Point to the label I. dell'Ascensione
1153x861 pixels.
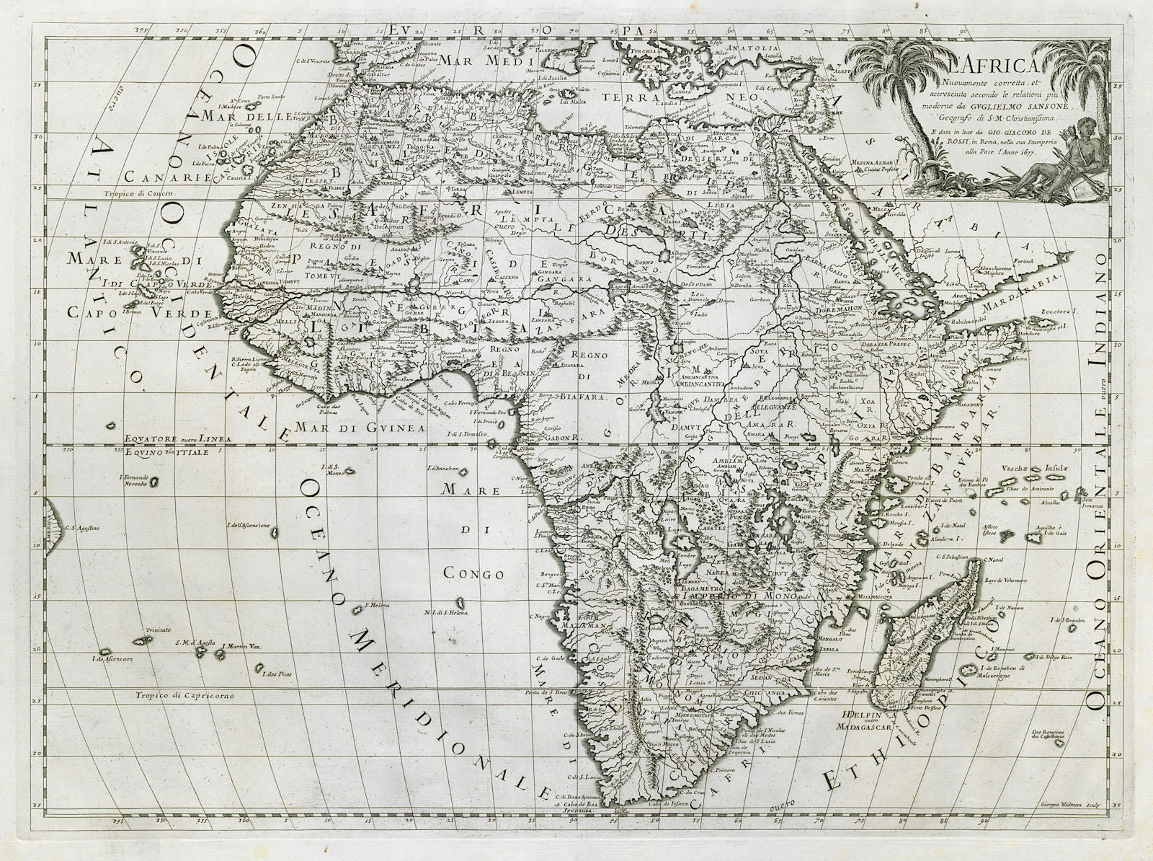248,526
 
